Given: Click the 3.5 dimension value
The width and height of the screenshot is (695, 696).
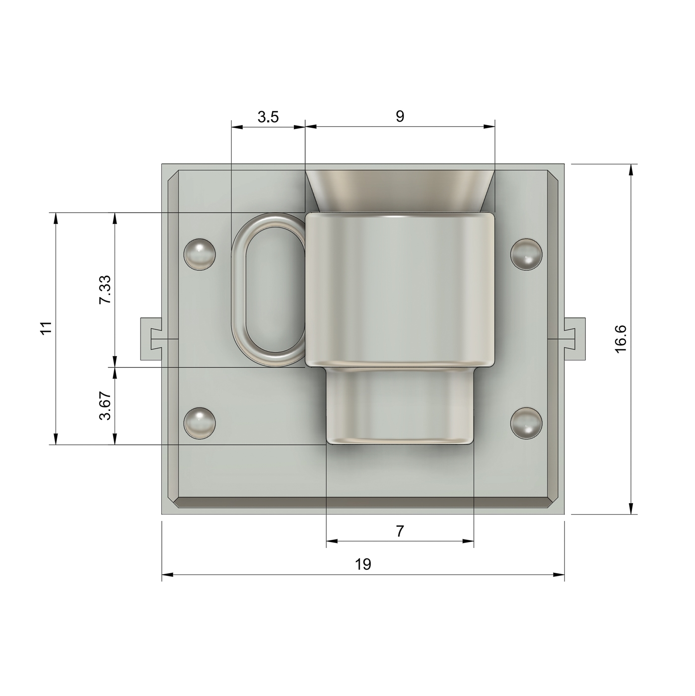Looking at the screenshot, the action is [268, 117].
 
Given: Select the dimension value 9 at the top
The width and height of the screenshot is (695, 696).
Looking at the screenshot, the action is [400, 116].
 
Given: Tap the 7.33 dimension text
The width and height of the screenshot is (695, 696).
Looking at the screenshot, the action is [105, 289].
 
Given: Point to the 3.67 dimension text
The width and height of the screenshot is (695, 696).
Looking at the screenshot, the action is [105, 405].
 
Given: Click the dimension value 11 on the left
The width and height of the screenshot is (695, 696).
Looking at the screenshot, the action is [47, 329].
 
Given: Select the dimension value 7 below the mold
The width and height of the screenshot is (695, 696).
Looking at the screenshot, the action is [399, 531].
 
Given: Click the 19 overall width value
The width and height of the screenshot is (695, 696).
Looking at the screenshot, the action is [363, 564].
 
